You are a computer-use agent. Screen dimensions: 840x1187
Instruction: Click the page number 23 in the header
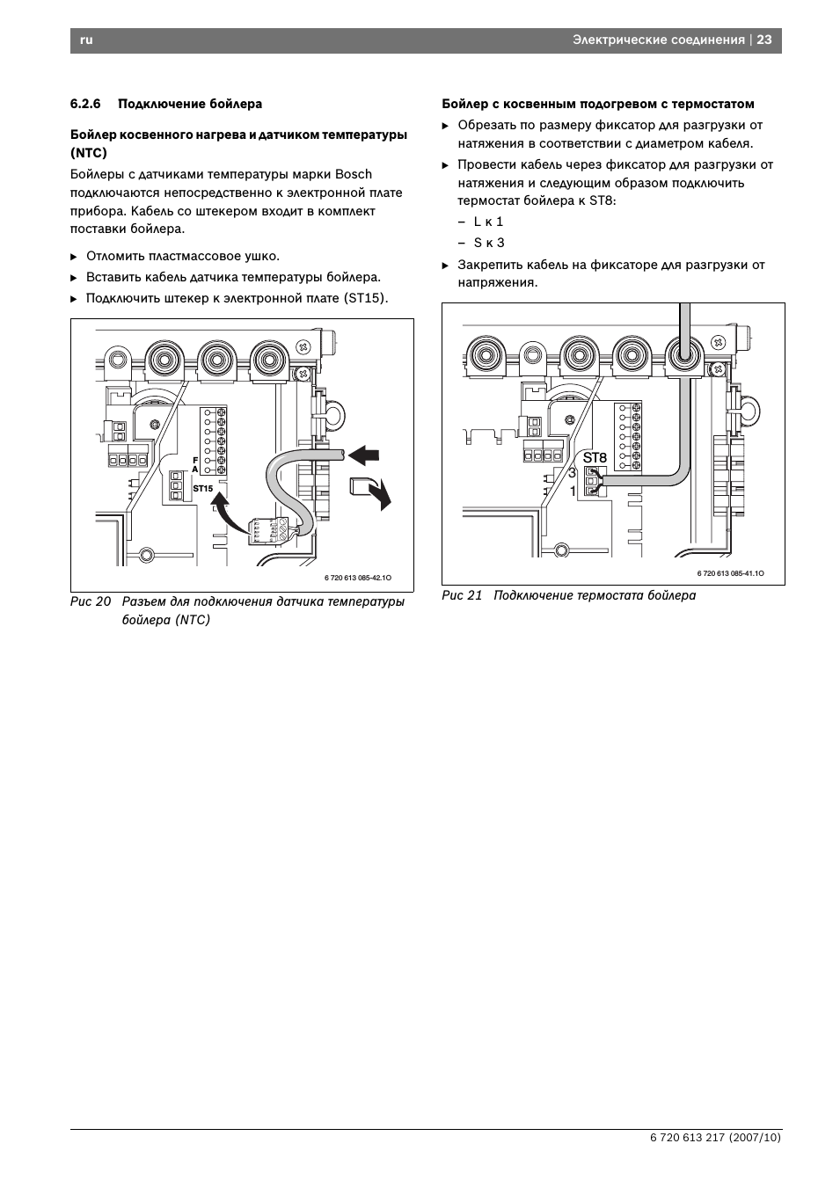coord(763,40)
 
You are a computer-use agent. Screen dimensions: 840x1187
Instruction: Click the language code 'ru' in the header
coord(86,40)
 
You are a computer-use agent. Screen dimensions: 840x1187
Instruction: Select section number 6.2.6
coord(85,104)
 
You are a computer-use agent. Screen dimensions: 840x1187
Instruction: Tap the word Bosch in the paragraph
coord(354,174)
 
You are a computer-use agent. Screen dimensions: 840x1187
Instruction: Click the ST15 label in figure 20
coord(203,489)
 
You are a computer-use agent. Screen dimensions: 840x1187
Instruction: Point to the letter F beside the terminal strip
coord(195,461)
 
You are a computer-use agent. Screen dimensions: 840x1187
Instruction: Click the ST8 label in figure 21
coord(595,457)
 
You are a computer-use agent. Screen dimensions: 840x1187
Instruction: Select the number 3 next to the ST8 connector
coord(572,472)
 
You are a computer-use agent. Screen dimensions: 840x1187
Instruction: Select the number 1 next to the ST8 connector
coord(573,492)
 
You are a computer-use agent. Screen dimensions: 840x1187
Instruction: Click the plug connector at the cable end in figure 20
coord(268,530)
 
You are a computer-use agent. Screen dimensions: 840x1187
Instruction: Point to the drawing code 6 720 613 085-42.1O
coord(358,578)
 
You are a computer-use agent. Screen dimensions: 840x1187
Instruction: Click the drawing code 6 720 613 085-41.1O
coord(730,573)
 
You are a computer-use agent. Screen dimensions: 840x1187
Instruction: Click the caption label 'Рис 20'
coord(91,602)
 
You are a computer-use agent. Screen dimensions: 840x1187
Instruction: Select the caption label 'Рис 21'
coord(462,595)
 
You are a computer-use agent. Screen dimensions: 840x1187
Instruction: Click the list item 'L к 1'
coord(488,222)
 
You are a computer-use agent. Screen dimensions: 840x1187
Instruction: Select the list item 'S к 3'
coord(489,244)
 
